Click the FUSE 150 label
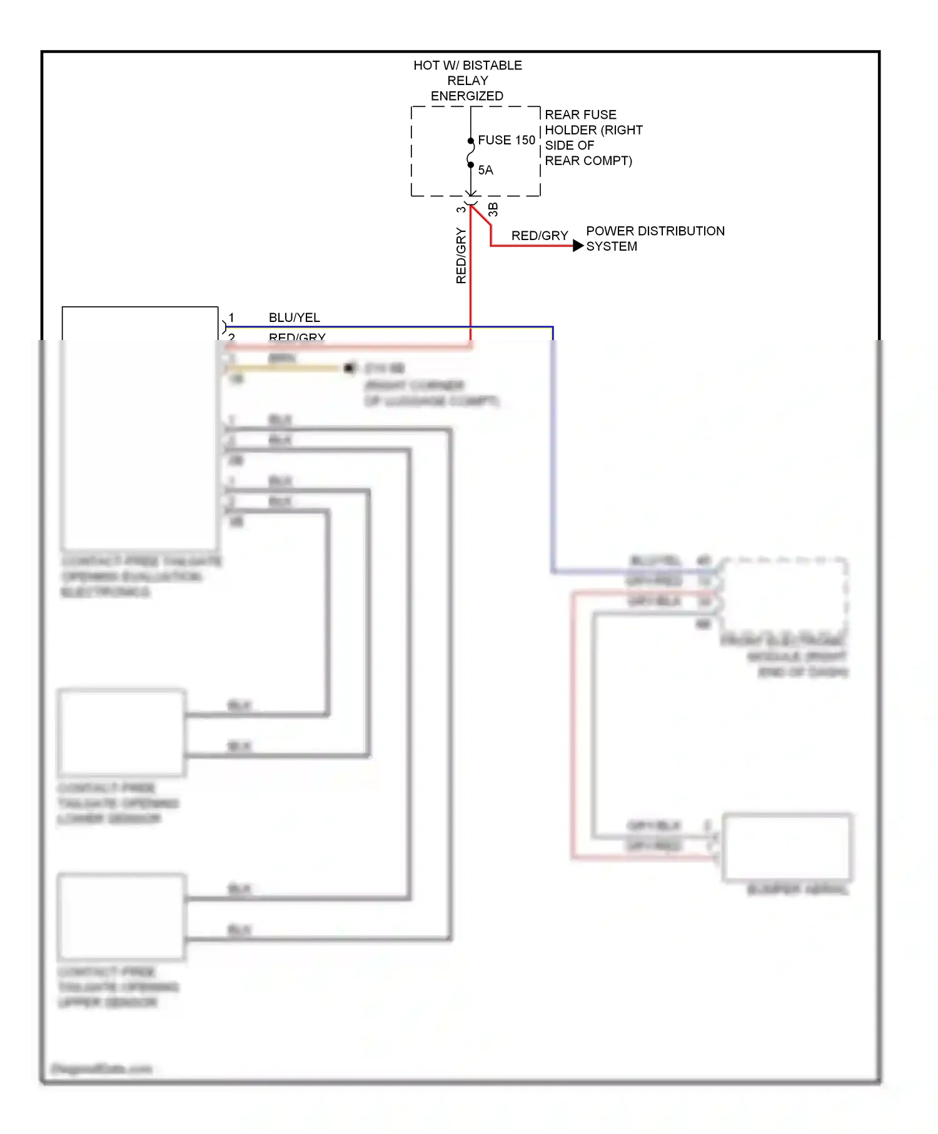point(506,140)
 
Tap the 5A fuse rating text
point(485,170)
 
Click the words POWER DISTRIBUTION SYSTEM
point(654,238)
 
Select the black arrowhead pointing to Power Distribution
point(578,246)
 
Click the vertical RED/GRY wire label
point(461,256)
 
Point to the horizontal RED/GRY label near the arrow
point(539,236)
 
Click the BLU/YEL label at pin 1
point(294,318)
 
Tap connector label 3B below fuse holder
point(493,209)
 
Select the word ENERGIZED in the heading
point(466,96)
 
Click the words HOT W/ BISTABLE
point(467,66)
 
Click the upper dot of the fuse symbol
point(471,141)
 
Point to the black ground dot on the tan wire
point(349,368)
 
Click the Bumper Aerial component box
point(787,847)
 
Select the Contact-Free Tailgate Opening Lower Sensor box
point(121,733)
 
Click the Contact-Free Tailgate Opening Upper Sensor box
point(121,916)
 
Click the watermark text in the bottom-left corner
point(101,1068)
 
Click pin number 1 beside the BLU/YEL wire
point(231,318)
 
